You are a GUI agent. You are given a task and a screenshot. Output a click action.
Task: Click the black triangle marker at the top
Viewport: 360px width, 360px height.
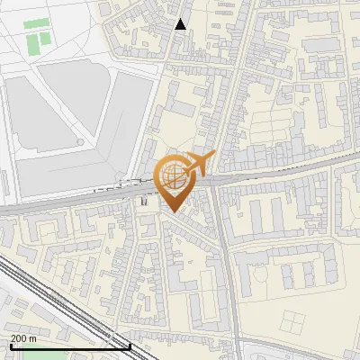pyautogui.click(x=181, y=24)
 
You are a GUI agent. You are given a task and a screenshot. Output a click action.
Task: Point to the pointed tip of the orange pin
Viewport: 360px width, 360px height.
pyautogui.click(x=174, y=211)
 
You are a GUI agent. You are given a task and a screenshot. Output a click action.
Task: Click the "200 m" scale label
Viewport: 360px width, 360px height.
pyautogui.click(x=23, y=337)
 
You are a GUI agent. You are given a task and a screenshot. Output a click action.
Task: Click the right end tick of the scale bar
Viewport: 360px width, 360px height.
pyautogui.click(x=130, y=345)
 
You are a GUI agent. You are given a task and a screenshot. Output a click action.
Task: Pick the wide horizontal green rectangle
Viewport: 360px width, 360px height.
pyautogui.click(x=37, y=24)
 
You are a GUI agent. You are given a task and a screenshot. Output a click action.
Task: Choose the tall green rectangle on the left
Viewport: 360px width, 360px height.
pyautogui.click(x=34, y=42)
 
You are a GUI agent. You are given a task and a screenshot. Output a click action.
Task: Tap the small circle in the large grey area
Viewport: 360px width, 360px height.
pyautogui.click(x=80, y=141)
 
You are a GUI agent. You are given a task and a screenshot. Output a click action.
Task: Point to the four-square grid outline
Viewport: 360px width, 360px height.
pyautogui.click(x=296, y=323)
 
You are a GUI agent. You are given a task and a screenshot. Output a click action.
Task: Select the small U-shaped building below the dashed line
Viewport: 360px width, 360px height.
pyautogui.click(x=145, y=203)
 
